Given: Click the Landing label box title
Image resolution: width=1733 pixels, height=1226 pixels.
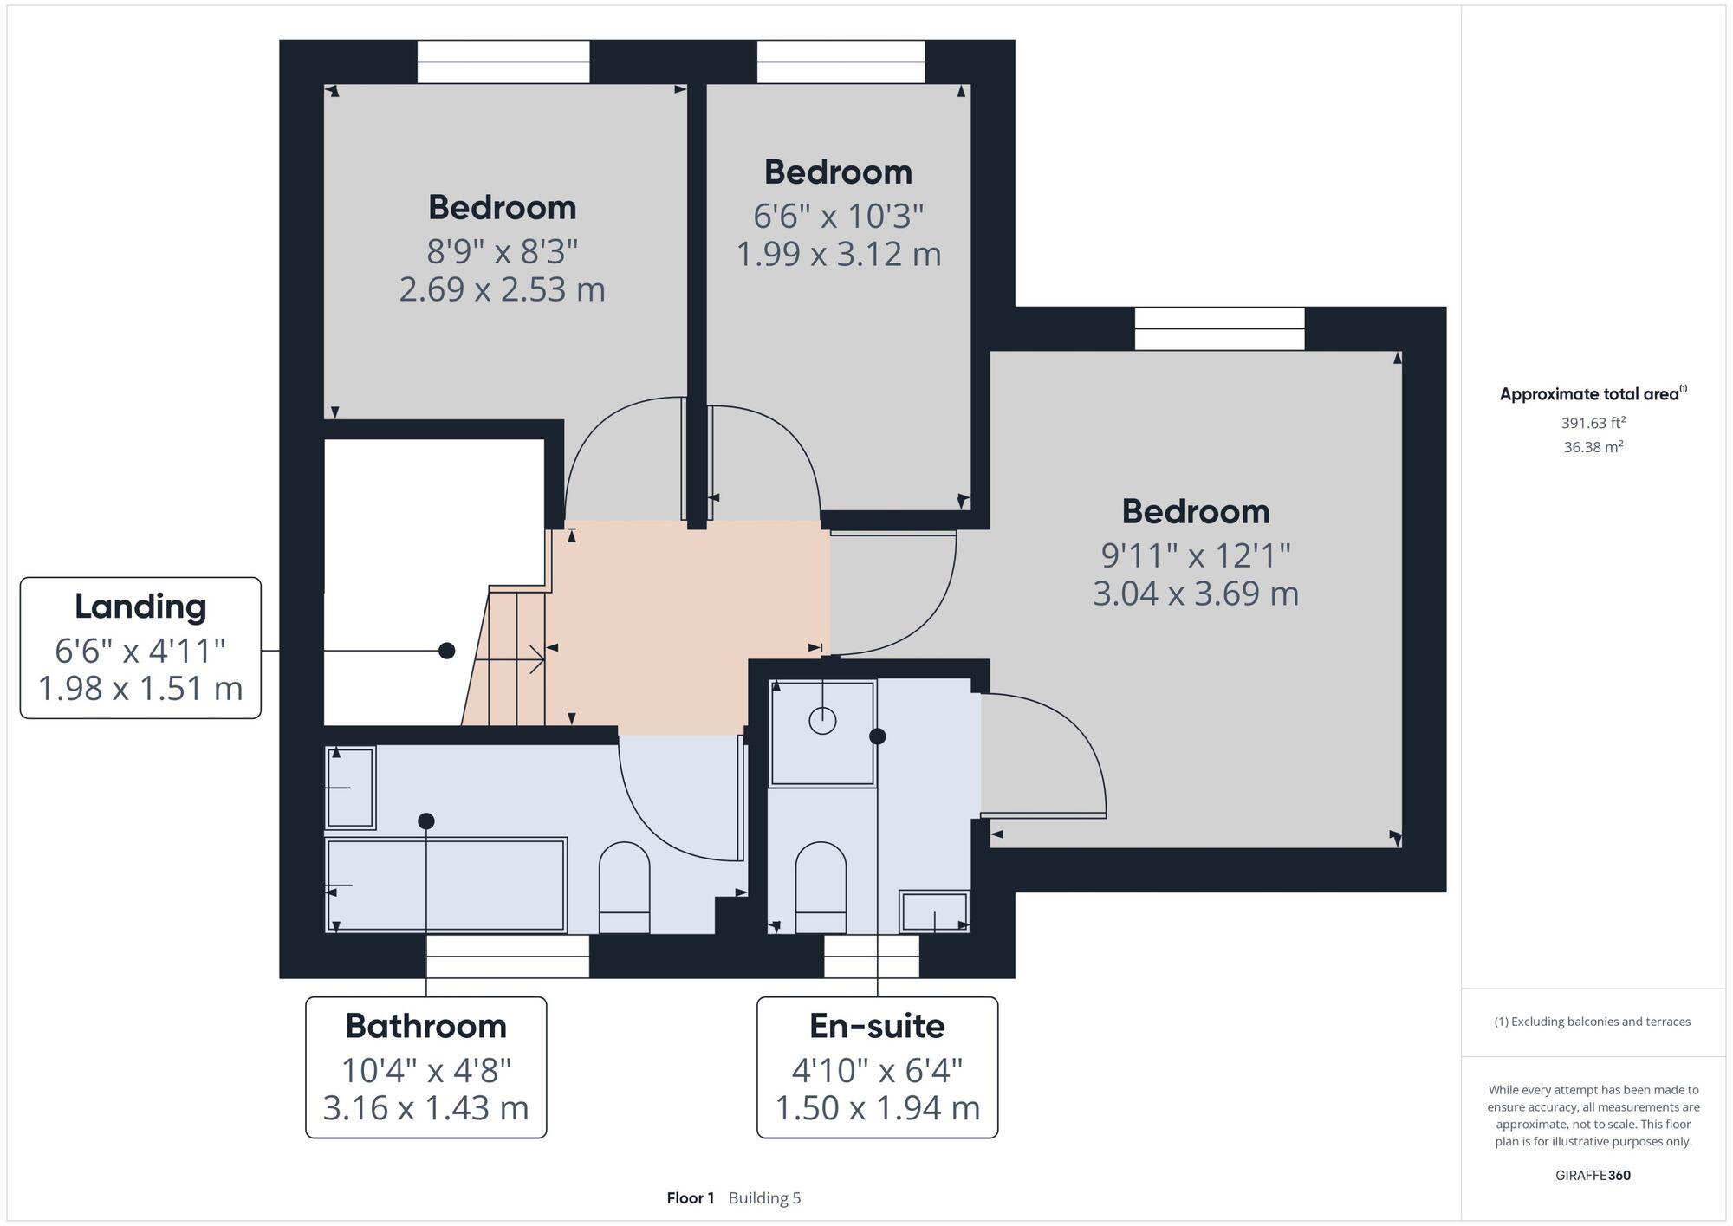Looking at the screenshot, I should (x=140, y=607).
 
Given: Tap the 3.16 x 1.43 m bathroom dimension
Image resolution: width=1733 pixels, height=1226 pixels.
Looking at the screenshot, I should (x=425, y=1108).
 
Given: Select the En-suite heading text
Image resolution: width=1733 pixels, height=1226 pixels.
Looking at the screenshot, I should (x=877, y=1026).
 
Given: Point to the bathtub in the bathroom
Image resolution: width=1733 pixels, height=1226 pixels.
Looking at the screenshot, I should (x=446, y=885).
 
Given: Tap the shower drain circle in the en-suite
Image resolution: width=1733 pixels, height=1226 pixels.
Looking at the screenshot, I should (x=821, y=720).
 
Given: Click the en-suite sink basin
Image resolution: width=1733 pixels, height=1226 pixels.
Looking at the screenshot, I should (x=934, y=911).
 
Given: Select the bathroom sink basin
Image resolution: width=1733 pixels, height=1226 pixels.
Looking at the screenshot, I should (x=350, y=787).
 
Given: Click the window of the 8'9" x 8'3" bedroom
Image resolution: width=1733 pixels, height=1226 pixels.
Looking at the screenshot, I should (x=503, y=62).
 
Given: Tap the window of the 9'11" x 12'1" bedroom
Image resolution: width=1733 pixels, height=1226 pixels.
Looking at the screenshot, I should (x=1219, y=329).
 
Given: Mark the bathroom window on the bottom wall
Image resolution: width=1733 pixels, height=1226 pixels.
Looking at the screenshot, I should (x=507, y=956).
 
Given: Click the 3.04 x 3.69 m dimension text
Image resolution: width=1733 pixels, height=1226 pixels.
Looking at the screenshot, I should (x=1195, y=594).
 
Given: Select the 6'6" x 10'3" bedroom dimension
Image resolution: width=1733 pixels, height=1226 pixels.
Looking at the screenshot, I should (x=838, y=216).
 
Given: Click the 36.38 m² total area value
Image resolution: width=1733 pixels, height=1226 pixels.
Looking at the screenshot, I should (x=1593, y=448).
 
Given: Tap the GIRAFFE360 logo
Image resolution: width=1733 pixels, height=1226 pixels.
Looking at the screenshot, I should (x=1593, y=1176).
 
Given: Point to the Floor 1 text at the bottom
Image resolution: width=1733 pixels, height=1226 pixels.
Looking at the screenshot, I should (x=690, y=1198).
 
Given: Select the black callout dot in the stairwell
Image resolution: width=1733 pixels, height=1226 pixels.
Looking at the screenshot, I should (x=446, y=651).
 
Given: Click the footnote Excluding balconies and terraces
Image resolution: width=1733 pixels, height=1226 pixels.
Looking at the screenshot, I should (x=1593, y=1022).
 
